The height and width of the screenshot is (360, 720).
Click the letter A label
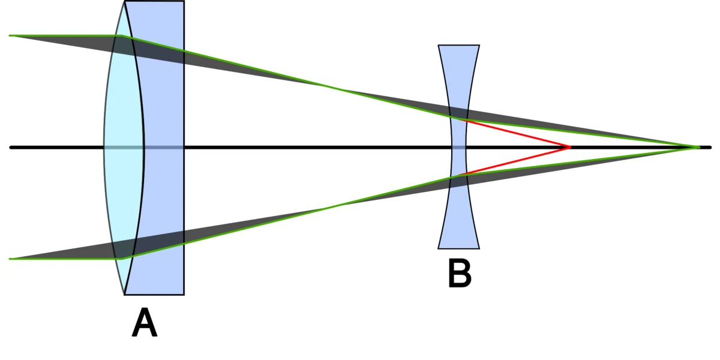pos(145,322)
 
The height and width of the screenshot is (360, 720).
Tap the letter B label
pos(460,273)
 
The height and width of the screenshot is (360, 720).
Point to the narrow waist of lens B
pos(458,148)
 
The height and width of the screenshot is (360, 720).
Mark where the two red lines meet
pos(569,147)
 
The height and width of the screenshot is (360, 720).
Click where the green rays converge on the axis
pos(697,147)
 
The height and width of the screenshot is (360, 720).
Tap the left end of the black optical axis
pos(11,148)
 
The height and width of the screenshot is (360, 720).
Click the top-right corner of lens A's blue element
pos(184,1)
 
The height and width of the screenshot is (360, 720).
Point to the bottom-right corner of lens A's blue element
pos(184,295)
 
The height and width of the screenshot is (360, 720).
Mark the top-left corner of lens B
pos(439,46)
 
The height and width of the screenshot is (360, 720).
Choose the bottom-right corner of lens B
pos(479,248)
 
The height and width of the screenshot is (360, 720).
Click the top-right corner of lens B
pos(479,46)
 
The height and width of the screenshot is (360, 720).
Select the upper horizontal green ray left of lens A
pos(65,35)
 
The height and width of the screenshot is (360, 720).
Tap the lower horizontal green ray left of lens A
pos(65,259)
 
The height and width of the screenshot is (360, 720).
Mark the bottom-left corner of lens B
pos(439,248)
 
